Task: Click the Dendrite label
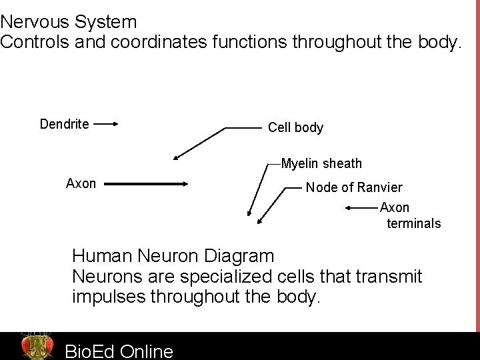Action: [x=65, y=123]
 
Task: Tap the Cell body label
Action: [x=295, y=127]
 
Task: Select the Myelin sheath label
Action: [x=321, y=163]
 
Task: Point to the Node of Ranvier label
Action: [x=354, y=188]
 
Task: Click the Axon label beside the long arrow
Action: [x=81, y=183]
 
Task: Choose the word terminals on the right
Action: [x=414, y=223]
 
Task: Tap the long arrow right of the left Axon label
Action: [x=147, y=184]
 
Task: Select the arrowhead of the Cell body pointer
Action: [x=175, y=157]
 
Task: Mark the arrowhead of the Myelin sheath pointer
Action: [x=249, y=214]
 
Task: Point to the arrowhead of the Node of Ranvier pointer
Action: [x=259, y=220]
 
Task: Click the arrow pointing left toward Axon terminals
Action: [x=361, y=208]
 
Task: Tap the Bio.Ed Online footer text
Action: [x=119, y=351]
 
